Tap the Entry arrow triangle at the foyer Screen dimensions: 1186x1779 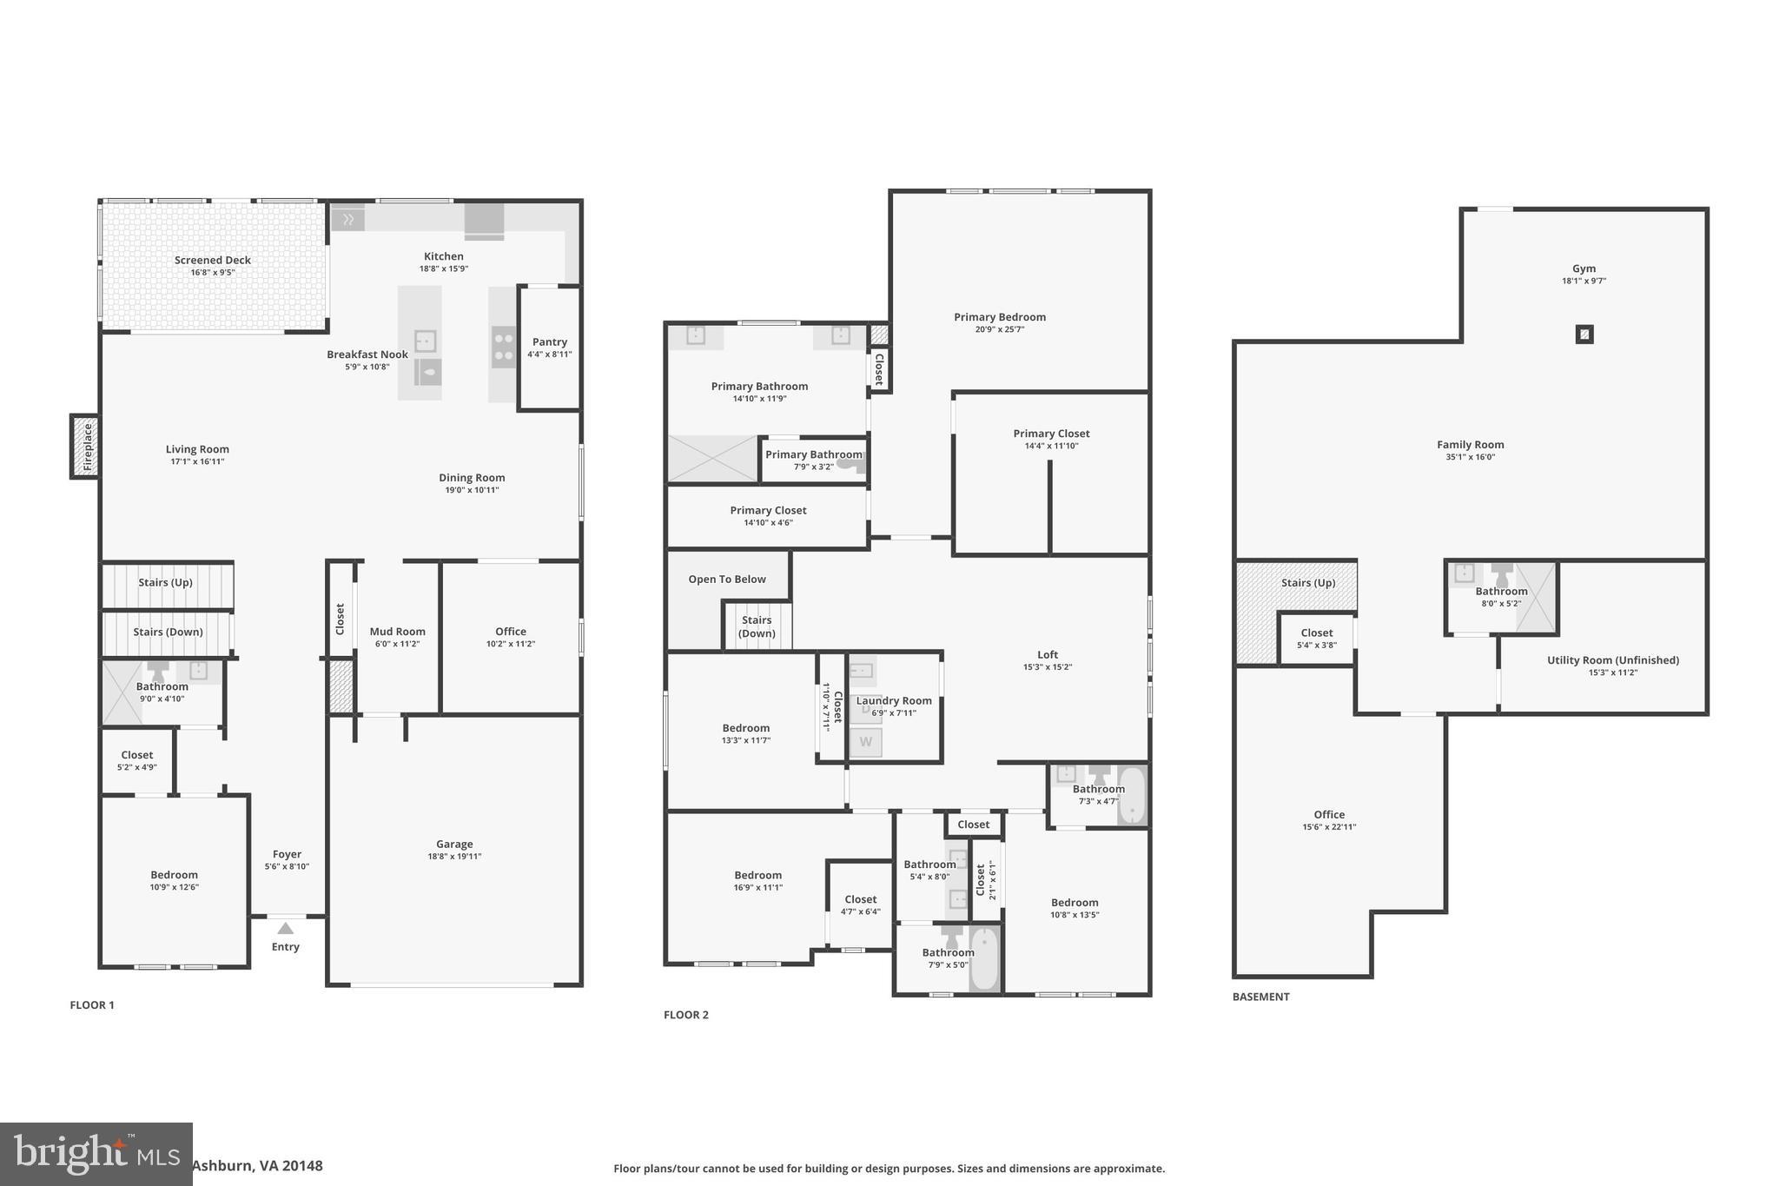pos(285,929)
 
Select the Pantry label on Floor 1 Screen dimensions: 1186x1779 pos(549,342)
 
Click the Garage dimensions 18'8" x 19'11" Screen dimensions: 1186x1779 pos(454,857)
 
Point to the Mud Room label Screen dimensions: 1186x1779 pos(397,632)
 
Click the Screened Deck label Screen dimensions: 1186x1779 pos(212,260)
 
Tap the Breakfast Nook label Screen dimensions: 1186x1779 pos(367,354)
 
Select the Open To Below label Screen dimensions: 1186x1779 pos(727,580)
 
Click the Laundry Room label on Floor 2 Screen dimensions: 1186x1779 pos(894,700)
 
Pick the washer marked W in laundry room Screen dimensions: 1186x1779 pos(865,742)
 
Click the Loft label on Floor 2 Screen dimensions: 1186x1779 pos(1048,655)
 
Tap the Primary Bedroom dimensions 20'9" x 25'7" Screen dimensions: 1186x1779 pos(999,330)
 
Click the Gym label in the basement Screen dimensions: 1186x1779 pos(1584,268)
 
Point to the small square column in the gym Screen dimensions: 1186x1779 pos(1584,334)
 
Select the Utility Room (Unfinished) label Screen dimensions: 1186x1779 pos(1612,660)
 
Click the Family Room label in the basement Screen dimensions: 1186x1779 pos(1470,445)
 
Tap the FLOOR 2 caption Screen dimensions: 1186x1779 pos(685,1015)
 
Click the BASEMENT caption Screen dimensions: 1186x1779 pos(1260,997)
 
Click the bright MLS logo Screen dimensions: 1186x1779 pos(96,1154)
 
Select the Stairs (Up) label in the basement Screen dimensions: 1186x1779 pos(1307,583)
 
